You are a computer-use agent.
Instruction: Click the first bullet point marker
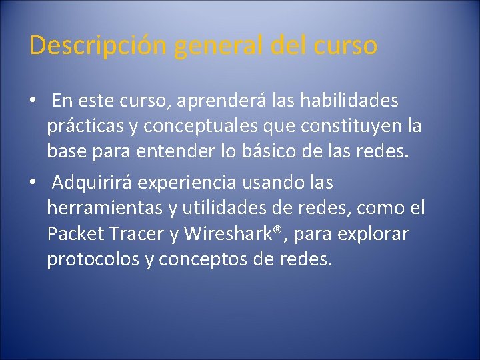click(x=32, y=101)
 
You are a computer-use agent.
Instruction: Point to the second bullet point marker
click(x=32, y=182)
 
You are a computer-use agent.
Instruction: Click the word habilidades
click(x=349, y=101)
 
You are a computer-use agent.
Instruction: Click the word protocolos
click(x=93, y=260)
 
